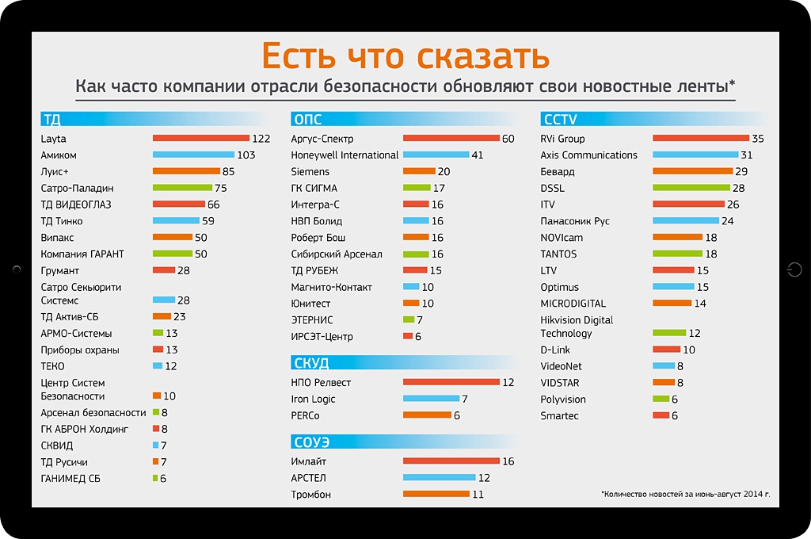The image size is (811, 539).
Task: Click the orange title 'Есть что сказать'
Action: coord(405,56)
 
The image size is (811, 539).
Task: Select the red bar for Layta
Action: coord(200,139)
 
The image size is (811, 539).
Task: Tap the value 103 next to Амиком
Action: coord(246,155)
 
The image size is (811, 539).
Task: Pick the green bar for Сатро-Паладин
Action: coord(182,188)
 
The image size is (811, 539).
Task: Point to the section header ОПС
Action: coord(307,120)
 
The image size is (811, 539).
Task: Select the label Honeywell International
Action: coord(345,155)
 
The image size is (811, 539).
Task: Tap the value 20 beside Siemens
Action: coord(444,171)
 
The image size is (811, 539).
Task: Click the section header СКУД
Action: coord(310,364)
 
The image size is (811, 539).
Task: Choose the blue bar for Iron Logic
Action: coord(431,399)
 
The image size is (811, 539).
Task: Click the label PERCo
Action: coord(305,415)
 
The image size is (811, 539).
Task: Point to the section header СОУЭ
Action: coord(310,442)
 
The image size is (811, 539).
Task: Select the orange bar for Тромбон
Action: coord(436,495)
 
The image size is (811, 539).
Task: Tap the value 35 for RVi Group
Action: coord(758,139)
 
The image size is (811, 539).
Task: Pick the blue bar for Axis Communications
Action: coord(695,155)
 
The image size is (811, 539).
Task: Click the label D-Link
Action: coord(555,350)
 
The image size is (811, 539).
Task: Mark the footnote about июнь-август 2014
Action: coord(686,495)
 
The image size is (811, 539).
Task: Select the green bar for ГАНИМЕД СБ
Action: coord(155,478)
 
